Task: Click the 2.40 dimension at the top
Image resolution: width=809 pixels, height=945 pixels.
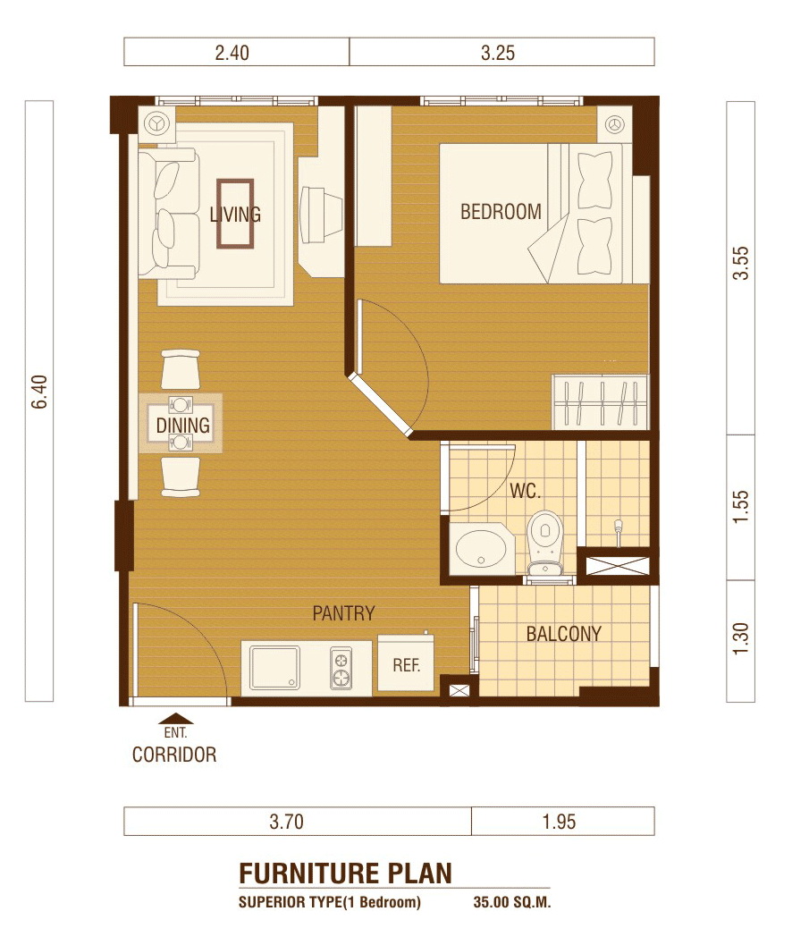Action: tap(232, 53)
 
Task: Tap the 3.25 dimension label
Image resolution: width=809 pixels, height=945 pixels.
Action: tap(498, 53)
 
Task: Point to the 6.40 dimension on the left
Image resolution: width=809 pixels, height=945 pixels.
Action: tap(39, 392)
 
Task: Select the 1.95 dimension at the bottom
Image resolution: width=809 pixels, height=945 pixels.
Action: tap(559, 822)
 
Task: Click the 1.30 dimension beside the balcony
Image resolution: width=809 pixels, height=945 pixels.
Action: tap(740, 639)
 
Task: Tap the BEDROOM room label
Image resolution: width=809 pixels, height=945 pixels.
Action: tap(501, 212)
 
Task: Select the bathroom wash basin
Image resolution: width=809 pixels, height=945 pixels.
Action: tap(481, 549)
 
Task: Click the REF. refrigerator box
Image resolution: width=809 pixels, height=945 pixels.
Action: tap(406, 662)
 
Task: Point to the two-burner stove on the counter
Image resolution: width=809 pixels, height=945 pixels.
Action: tap(341, 669)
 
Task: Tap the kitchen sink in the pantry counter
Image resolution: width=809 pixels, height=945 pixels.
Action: tap(274, 668)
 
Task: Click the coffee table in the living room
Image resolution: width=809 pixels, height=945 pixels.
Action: tap(235, 214)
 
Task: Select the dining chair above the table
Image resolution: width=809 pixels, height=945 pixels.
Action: tap(180, 369)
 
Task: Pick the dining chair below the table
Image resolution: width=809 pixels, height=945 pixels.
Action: tap(180, 477)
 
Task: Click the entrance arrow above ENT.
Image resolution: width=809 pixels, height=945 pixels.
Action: tap(175, 719)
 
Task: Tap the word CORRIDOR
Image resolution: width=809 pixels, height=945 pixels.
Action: tap(174, 755)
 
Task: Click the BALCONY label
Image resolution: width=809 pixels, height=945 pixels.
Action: tap(564, 633)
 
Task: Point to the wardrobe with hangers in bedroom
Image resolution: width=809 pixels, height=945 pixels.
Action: tap(601, 401)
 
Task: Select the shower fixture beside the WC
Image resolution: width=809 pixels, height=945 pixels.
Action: tap(618, 530)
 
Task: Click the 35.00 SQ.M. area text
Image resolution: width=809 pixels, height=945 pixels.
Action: tap(512, 902)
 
